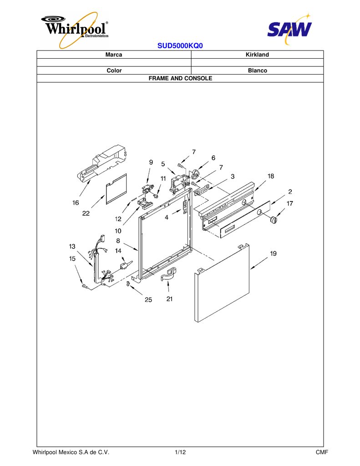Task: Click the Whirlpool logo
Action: click(x=75, y=30)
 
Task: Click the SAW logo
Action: click(x=289, y=29)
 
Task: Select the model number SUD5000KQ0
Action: click(x=180, y=46)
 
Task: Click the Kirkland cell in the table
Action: click(x=257, y=55)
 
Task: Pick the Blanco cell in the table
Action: click(x=258, y=71)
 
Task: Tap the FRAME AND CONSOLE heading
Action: click(x=180, y=78)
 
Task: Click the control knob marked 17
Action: click(x=273, y=220)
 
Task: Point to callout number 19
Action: click(x=273, y=253)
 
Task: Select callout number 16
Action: click(x=76, y=203)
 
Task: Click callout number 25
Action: click(x=148, y=299)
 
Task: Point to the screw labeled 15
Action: click(x=85, y=286)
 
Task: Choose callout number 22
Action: click(x=86, y=213)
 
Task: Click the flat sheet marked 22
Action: click(x=117, y=189)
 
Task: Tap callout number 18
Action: click(x=271, y=176)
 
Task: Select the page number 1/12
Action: click(x=180, y=452)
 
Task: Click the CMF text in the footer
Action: click(x=322, y=452)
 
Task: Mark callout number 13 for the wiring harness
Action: click(x=72, y=246)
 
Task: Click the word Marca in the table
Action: click(x=114, y=55)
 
